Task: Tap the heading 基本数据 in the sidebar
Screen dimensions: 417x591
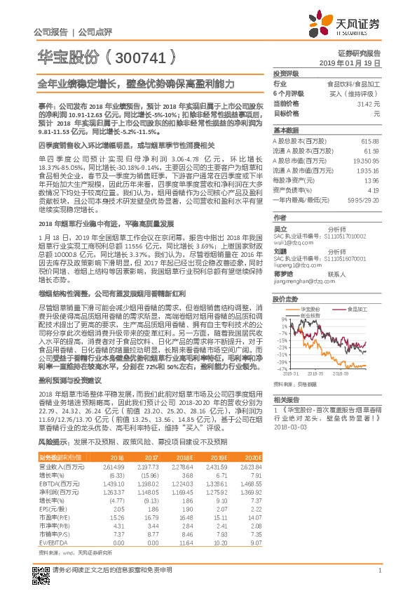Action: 285,131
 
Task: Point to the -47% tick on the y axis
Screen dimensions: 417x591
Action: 281,368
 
